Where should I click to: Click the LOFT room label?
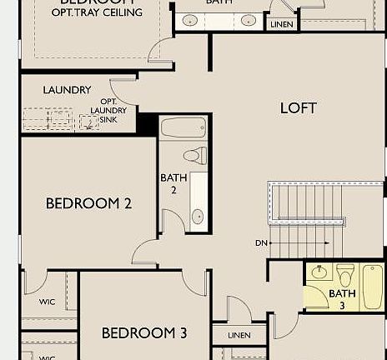pyautogui.click(x=299, y=107)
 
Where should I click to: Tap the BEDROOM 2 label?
pyautogui.click(x=88, y=202)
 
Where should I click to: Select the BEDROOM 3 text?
pyautogui.click(x=144, y=333)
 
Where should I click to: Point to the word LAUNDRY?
pyautogui.click(x=67, y=90)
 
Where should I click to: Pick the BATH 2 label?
pyautogui.click(x=173, y=182)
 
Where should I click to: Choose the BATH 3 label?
pyautogui.click(x=342, y=298)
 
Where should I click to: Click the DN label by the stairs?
pyautogui.click(x=262, y=243)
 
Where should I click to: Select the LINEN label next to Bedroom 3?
pyautogui.click(x=239, y=335)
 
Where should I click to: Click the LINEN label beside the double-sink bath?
pyautogui.click(x=281, y=25)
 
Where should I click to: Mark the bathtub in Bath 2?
pyautogui.click(x=183, y=128)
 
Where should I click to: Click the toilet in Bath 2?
pyautogui.click(x=194, y=155)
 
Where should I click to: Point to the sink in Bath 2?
pyautogui.click(x=198, y=217)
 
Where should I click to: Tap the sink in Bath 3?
pyautogui.click(x=319, y=272)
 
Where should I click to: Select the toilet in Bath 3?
pyautogui.click(x=345, y=273)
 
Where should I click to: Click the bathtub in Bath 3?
pyautogui.click(x=372, y=286)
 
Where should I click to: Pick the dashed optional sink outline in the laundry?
pyautogui.click(x=89, y=122)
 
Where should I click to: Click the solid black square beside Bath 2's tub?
pyautogui.click(x=148, y=124)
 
